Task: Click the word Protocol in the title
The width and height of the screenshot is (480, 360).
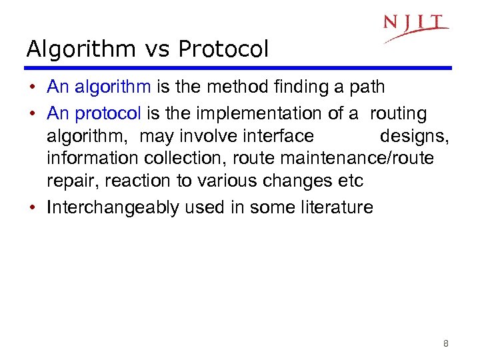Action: (223, 49)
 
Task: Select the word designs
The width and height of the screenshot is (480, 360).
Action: (414, 137)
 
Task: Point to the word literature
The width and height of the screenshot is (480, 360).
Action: (333, 207)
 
